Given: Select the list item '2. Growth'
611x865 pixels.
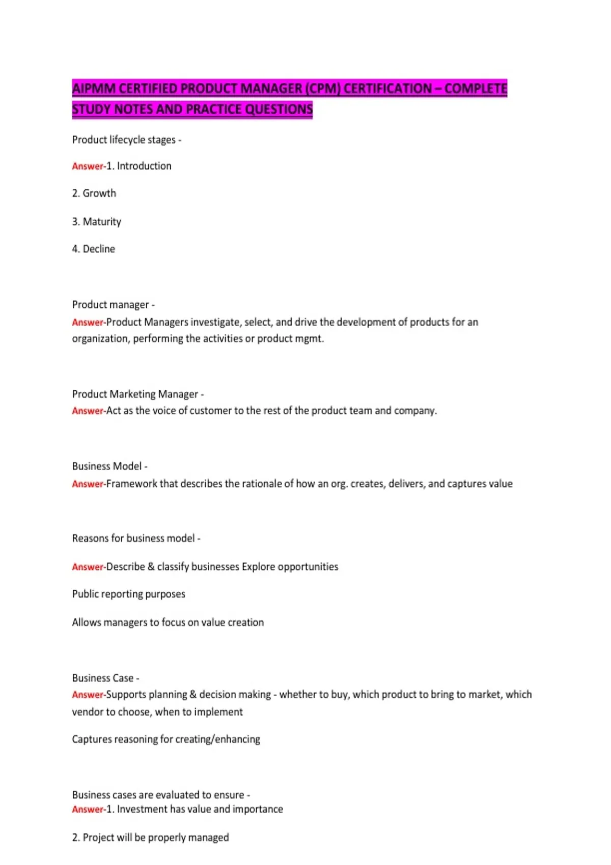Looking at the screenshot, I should pyautogui.click(x=94, y=193).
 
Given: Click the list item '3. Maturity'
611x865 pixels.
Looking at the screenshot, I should pyautogui.click(x=97, y=221).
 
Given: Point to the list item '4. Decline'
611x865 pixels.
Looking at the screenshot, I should pyautogui.click(x=94, y=249).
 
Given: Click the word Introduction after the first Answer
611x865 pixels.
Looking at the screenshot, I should pyautogui.click(x=144, y=166).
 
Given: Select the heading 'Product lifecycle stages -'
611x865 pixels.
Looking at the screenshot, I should pyautogui.click(x=127, y=140).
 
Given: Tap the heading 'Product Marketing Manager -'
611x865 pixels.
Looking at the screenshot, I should pyautogui.click(x=138, y=394).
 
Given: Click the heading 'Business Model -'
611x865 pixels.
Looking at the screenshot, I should pyautogui.click(x=110, y=466).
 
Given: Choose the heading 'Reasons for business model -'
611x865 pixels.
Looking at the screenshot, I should pyautogui.click(x=136, y=538).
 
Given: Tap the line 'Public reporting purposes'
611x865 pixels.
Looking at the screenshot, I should pyautogui.click(x=129, y=594).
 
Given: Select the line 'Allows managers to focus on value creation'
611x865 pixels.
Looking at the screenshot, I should pyautogui.click(x=168, y=622).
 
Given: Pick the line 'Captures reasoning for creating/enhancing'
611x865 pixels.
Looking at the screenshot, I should pyautogui.click(x=166, y=739).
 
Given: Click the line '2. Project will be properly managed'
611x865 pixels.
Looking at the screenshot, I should pyautogui.click(x=151, y=838).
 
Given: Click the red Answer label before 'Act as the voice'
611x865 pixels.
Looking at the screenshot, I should pyautogui.click(x=88, y=411).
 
